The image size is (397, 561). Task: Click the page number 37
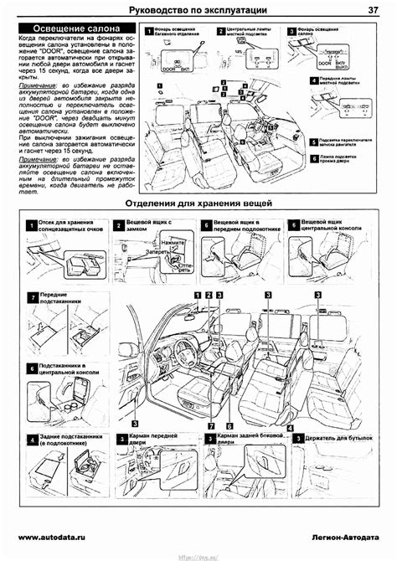click(x=371, y=9)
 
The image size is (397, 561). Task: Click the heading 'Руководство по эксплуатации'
click(x=198, y=9)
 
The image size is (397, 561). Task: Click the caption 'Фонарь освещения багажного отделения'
click(x=178, y=33)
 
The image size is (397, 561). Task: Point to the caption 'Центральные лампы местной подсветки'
click(x=248, y=33)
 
